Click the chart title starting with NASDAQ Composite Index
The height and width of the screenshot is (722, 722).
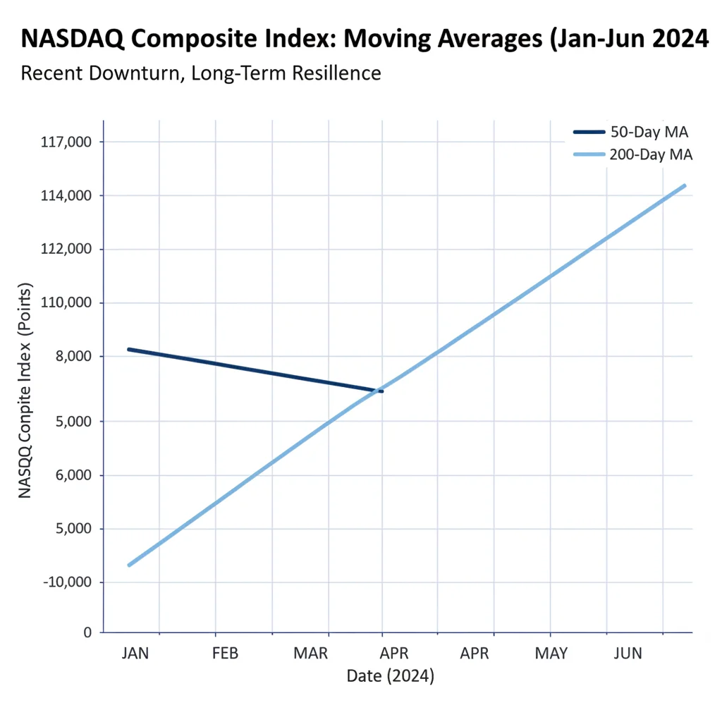pyautogui.click(x=365, y=39)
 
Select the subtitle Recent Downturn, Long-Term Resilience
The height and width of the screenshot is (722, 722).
pyautogui.click(x=201, y=73)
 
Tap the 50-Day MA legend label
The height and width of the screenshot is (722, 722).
pyautogui.click(x=648, y=132)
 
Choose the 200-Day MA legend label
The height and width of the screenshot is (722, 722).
pyautogui.click(x=651, y=154)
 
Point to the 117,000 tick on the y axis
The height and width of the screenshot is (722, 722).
pyautogui.click(x=68, y=142)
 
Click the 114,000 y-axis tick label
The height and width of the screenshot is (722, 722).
pyautogui.click(x=68, y=195)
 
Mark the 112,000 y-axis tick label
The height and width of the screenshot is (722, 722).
pyautogui.click(x=68, y=250)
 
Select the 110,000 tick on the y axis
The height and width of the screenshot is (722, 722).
pyautogui.click(x=68, y=303)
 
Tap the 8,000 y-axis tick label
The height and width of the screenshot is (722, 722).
pyautogui.click(x=74, y=357)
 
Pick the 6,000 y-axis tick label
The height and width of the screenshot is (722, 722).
pyautogui.click(x=74, y=475)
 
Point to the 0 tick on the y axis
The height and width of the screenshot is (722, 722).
pyautogui.click(x=87, y=632)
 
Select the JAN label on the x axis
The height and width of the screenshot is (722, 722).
pyautogui.click(x=135, y=654)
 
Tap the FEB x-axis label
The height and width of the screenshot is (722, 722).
pyautogui.click(x=225, y=654)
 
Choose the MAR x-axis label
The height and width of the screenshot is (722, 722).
pyautogui.click(x=310, y=654)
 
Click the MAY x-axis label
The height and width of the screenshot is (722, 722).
pyautogui.click(x=551, y=654)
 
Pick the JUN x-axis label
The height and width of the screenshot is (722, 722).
pyautogui.click(x=628, y=654)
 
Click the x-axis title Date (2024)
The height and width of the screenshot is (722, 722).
pyautogui.click(x=390, y=677)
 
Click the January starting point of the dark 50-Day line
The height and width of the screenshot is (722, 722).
pyautogui.click(x=128, y=349)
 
